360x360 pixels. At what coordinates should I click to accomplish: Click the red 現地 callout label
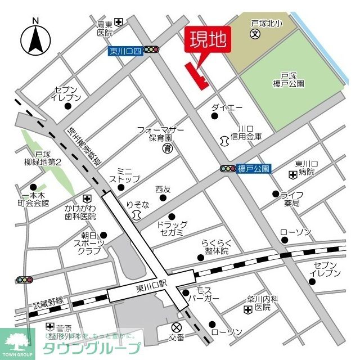208,40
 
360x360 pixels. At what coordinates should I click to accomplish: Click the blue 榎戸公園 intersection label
254,168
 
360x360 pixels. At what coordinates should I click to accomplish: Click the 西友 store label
163,190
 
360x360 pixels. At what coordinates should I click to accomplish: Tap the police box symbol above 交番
177,327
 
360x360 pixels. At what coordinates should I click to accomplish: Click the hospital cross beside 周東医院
119,22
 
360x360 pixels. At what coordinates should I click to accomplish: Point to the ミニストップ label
124,174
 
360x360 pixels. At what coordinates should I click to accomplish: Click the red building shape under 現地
196,75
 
